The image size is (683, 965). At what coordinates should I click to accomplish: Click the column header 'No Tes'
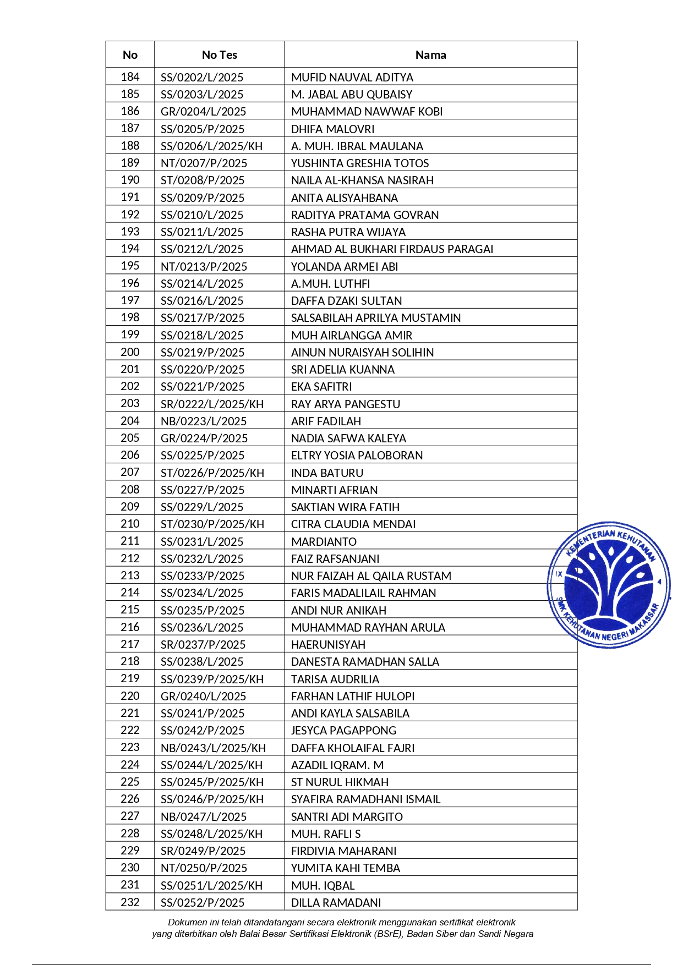(219, 55)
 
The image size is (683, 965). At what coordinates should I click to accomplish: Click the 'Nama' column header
(430, 55)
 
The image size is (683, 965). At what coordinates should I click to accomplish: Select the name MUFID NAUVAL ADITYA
(352, 78)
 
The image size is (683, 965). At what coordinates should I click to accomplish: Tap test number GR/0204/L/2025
(203, 112)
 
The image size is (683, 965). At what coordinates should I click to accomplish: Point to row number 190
(130, 180)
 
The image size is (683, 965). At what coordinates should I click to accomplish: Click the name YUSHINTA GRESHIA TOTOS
(360, 163)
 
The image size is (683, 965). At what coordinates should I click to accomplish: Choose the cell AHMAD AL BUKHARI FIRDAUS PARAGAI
(392, 249)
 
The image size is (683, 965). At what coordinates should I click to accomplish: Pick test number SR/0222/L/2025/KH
(212, 404)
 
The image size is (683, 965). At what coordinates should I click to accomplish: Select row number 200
(130, 352)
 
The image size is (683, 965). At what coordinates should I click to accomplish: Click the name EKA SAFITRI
(321, 387)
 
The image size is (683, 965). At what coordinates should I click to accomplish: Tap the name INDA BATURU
(327, 473)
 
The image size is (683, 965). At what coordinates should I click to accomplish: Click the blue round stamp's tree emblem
(609, 583)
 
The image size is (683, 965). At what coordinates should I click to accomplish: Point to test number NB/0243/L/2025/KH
(213, 748)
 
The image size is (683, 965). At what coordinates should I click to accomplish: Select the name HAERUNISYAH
(328, 645)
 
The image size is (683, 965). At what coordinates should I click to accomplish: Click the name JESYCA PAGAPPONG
(343, 731)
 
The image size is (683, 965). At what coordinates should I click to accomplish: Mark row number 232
(130, 902)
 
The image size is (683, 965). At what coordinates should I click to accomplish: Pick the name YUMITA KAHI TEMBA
(346, 868)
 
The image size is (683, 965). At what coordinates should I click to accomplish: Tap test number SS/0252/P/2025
(203, 903)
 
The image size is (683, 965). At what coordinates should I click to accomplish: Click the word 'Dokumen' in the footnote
(187, 922)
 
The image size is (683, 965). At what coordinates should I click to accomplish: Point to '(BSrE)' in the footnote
(387, 934)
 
